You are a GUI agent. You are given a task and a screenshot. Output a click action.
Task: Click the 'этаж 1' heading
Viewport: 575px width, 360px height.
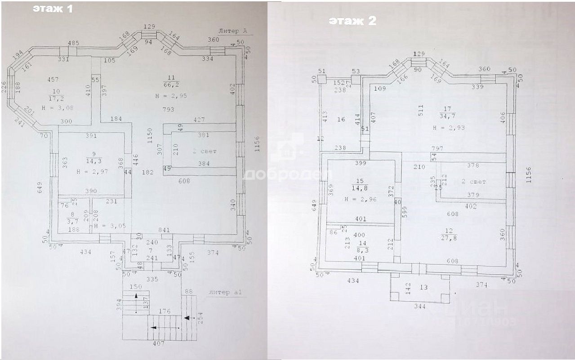pos(52,9)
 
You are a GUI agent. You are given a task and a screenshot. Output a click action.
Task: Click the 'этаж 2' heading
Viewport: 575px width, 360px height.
pos(352,21)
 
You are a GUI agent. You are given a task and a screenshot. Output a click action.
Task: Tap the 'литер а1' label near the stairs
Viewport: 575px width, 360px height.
pos(226,293)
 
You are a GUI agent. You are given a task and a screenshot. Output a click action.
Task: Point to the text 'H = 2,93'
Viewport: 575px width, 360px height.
pos(449,128)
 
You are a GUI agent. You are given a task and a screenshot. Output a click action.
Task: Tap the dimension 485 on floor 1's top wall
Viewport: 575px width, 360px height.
pos(73,43)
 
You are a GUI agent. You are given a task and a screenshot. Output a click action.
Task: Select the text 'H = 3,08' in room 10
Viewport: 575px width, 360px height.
pos(56,108)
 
